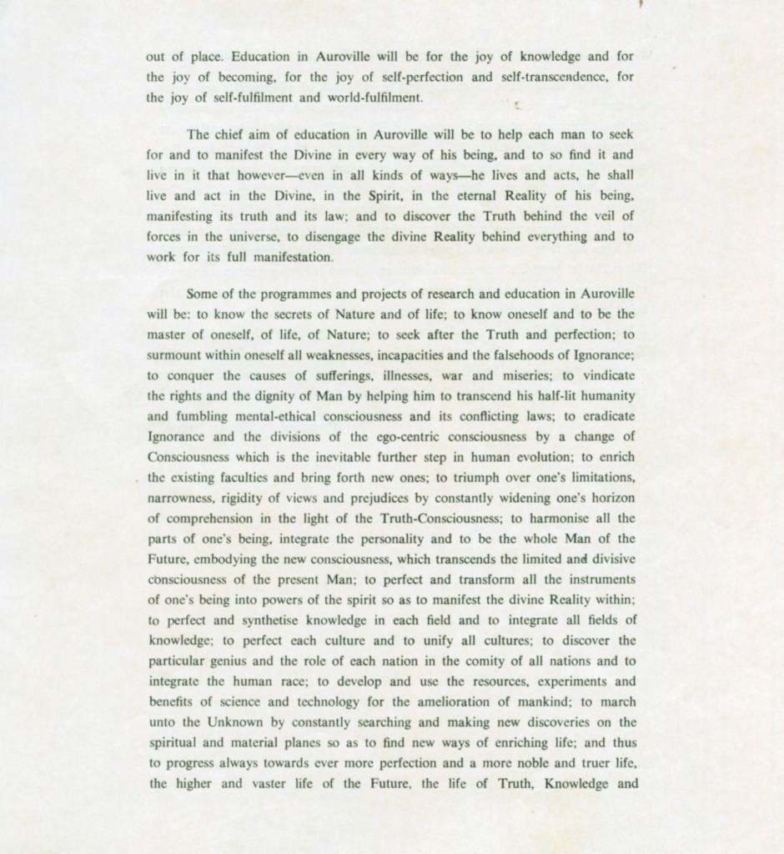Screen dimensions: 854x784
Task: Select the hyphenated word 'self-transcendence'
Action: click(x=543, y=77)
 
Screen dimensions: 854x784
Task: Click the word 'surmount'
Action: click(x=176, y=354)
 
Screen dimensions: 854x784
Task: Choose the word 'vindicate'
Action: click(x=605, y=374)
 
